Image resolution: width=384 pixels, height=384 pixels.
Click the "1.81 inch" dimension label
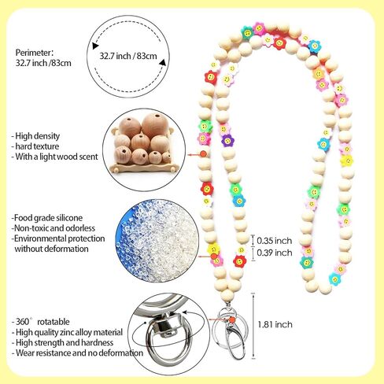click(x=275, y=325)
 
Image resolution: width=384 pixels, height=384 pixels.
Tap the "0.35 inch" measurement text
click(x=275, y=241)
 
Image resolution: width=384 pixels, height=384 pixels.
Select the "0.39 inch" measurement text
click(x=275, y=253)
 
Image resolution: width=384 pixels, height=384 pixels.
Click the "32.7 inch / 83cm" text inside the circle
click(x=128, y=56)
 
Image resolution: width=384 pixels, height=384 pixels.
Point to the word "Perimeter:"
click(x=35, y=53)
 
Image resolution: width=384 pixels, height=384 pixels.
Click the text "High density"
click(x=38, y=136)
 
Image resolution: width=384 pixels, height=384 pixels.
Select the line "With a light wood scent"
click(x=57, y=157)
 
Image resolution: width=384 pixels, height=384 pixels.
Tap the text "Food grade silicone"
click(x=48, y=218)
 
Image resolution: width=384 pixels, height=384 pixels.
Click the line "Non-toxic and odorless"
click(x=54, y=228)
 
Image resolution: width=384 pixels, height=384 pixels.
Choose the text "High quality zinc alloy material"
click(x=69, y=332)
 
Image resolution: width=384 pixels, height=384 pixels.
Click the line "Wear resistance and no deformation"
click(x=79, y=353)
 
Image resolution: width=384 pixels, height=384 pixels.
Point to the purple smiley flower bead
click(x=227, y=141)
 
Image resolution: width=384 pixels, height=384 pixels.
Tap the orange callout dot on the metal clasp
click(x=231, y=319)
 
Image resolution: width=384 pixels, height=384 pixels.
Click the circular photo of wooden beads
click(x=144, y=150)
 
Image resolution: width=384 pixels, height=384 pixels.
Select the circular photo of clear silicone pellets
click(x=156, y=242)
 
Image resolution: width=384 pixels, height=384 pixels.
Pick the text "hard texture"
click(x=37, y=146)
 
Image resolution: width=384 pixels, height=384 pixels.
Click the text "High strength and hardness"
click(x=65, y=342)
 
